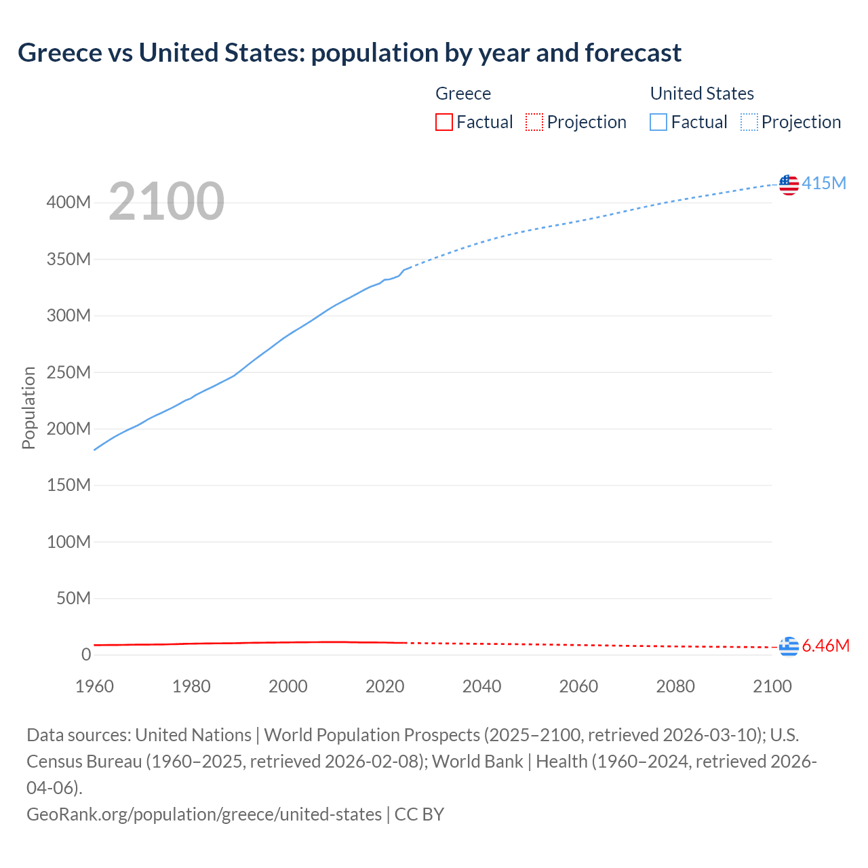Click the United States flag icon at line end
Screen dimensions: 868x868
(x=789, y=184)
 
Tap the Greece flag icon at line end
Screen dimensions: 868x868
(x=789, y=647)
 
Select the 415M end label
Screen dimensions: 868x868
(x=824, y=183)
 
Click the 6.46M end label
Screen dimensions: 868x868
(x=825, y=646)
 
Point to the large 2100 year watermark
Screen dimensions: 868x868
(x=166, y=201)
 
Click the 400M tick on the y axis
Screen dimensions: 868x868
(x=68, y=203)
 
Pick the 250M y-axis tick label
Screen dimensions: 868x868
(x=68, y=372)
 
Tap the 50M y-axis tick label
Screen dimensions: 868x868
(x=73, y=598)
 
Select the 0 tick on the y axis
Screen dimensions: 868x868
(x=86, y=654)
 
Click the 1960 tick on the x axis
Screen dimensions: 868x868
(x=94, y=686)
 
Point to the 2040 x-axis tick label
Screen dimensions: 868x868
(x=481, y=686)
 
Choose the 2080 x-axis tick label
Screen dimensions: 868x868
(x=675, y=686)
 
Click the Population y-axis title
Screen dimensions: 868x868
(x=28, y=408)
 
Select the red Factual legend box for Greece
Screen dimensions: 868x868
(x=444, y=122)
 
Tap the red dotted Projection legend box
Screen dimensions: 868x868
(x=534, y=122)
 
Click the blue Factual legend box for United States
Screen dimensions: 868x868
(x=658, y=122)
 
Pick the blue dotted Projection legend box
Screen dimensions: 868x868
(x=749, y=122)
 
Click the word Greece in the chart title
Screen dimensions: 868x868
(x=60, y=53)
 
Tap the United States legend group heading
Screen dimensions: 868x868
(x=702, y=94)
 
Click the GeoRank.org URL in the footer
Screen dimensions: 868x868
(x=204, y=814)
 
